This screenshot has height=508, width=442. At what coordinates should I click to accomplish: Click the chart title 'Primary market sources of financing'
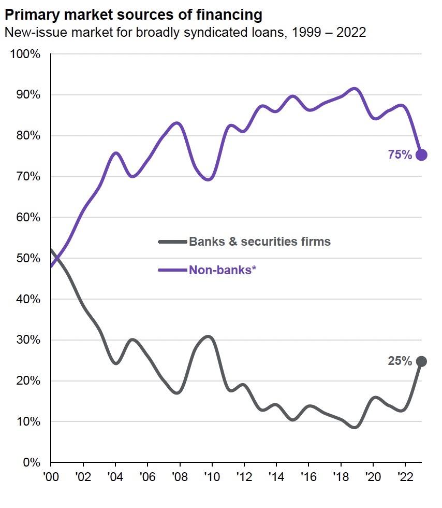tap(133, 13)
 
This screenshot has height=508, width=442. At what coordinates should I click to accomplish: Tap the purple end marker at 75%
tap(421, 154)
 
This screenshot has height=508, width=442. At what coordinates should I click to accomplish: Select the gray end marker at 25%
tap(421, 361)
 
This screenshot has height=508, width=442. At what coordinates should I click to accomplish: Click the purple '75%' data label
tap(400, 154)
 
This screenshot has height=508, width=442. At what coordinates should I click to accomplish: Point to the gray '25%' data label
tap(400, 361)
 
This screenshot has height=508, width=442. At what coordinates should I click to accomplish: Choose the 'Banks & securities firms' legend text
tap(260, 242)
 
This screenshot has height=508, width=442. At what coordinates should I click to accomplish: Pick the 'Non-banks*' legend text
tap(223, 270)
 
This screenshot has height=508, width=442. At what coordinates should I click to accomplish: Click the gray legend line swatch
tap(173, 242)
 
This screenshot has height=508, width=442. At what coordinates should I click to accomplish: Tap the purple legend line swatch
tap(173, 270)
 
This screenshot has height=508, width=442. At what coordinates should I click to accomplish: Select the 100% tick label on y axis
tap(25, 54)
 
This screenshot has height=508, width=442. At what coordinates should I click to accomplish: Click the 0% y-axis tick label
tap(31, 462)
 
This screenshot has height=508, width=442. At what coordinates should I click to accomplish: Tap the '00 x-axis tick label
tap(51, 475)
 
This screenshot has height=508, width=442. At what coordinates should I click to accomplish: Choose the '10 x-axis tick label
tap(212, 475)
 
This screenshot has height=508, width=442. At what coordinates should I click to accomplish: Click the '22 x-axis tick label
tap(405, 475)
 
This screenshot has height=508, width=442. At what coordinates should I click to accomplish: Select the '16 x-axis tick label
tap(308, 475)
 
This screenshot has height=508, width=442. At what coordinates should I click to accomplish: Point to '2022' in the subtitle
tap(349, 33)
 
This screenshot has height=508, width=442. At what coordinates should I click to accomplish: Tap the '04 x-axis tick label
tap(115, 475)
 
